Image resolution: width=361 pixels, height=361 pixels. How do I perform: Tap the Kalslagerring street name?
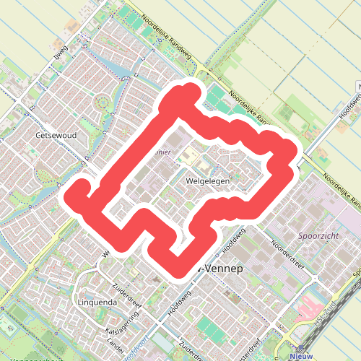click(x=122, y=322)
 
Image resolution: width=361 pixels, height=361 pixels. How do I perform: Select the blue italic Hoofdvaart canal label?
click(x=136, y=341)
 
